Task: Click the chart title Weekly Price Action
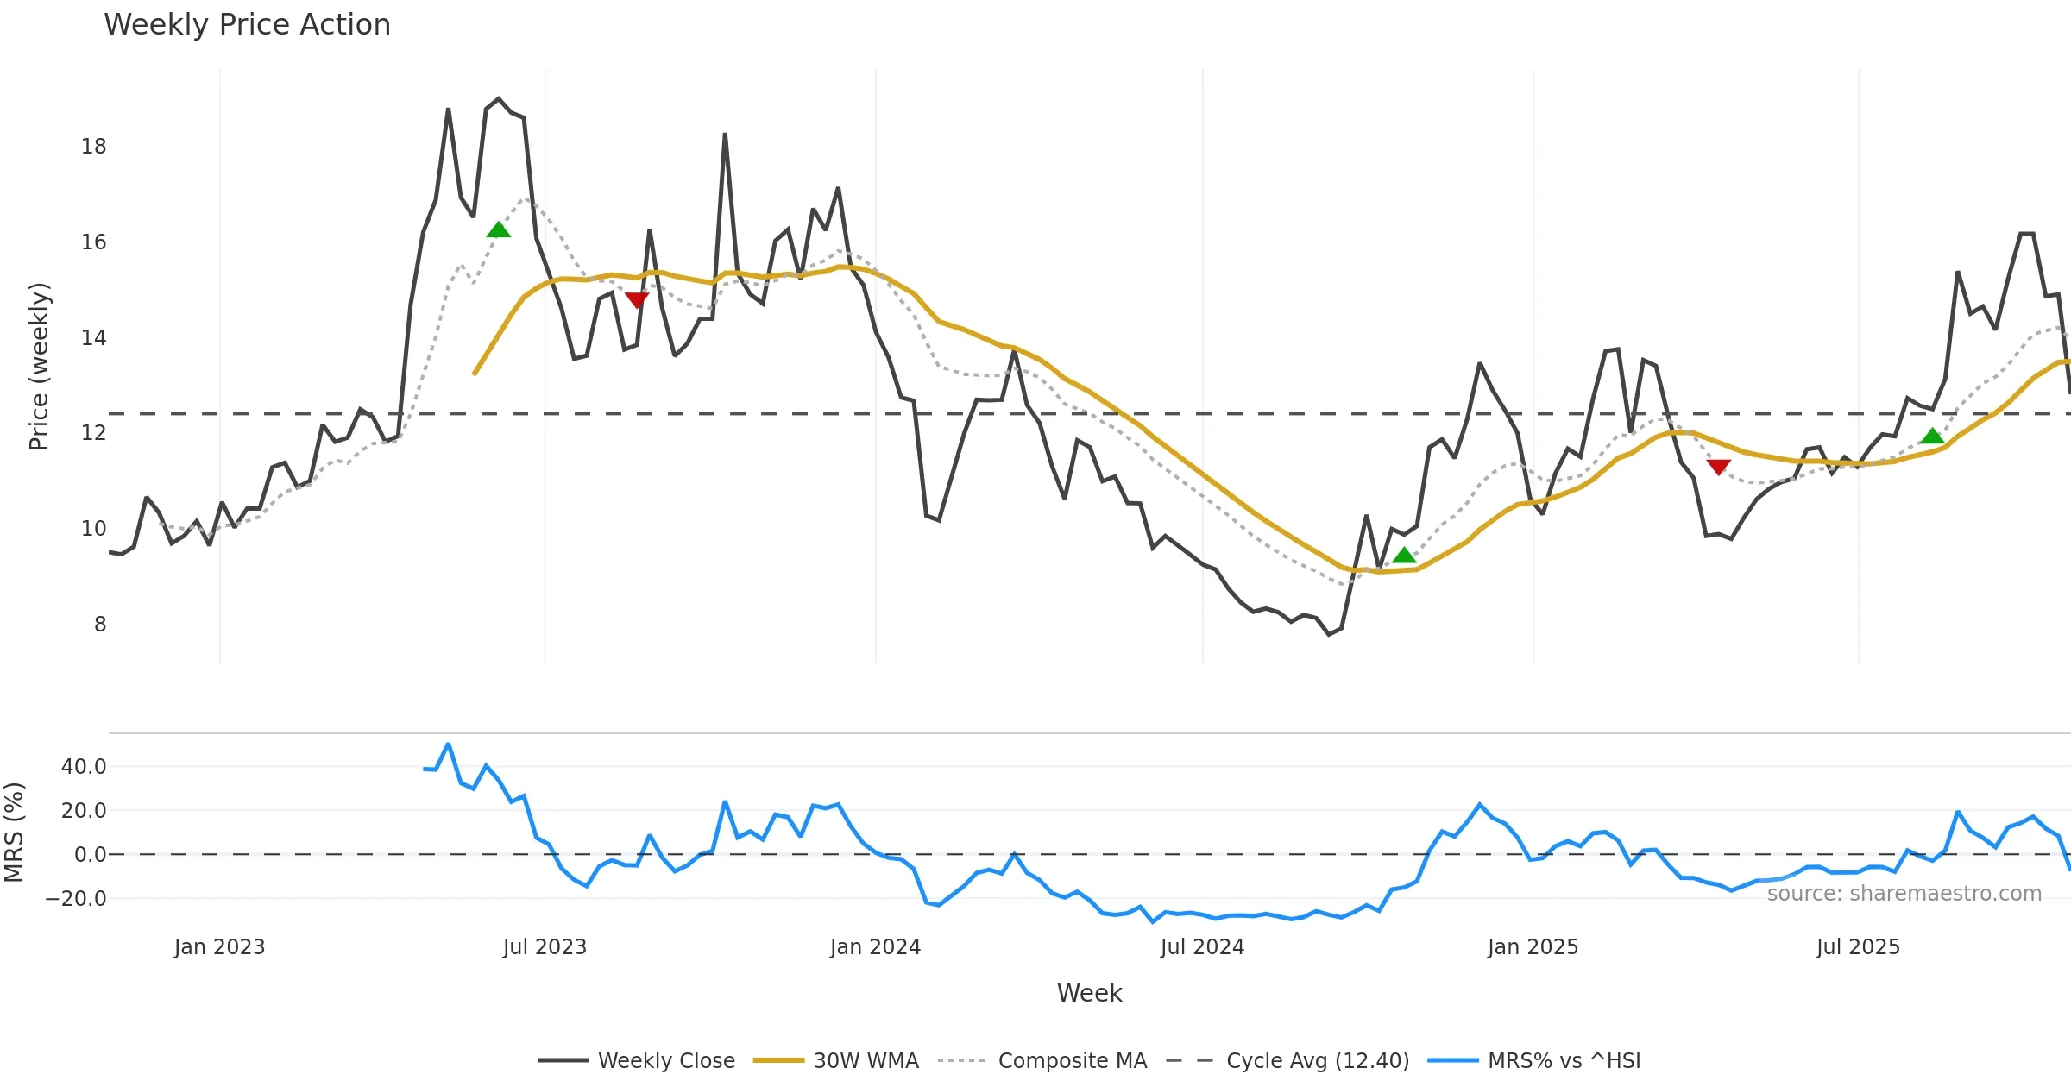247,25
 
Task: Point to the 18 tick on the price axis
94,147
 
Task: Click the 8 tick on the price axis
100,624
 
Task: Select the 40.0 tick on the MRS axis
84,766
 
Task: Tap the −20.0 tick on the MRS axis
76,898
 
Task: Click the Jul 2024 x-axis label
1202,947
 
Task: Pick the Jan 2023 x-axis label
219,947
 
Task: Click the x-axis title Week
1089,993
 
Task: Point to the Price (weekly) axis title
40,367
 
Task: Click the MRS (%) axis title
14,833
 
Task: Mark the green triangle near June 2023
499,229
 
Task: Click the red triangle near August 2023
637,299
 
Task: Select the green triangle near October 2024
1404,556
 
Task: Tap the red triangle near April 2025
1718,467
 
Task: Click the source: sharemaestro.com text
1904,894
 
